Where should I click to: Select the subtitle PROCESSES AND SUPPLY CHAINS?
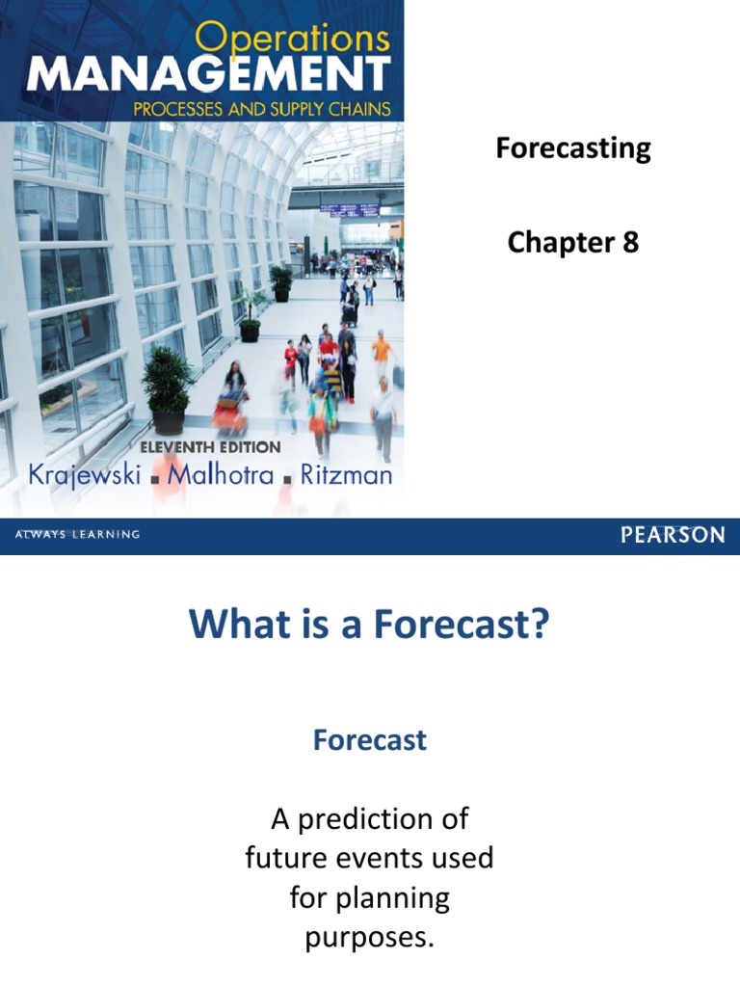click(262, 108)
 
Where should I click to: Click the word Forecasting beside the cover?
click(573, 148)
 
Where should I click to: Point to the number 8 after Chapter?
click(630, 243)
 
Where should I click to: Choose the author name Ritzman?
click(343, 475)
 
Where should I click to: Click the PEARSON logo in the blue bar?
click(673, 536)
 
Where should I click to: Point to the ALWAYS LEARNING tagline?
click(76, 535)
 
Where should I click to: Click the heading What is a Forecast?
click(369, 624)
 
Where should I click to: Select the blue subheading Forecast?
click(369, 740)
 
